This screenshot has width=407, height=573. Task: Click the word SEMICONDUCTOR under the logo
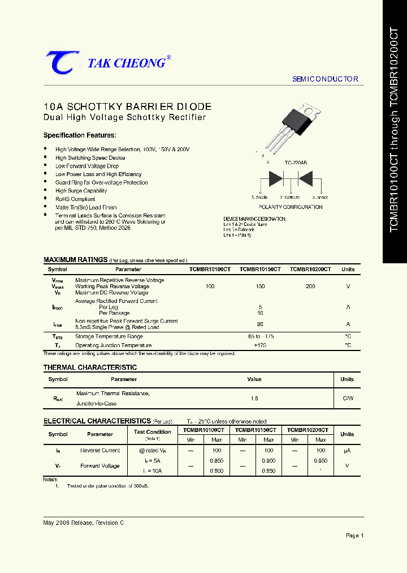(325, 79)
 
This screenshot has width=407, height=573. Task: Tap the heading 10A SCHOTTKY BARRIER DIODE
(127, 106)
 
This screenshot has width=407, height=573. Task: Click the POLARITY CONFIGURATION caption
(290, 207)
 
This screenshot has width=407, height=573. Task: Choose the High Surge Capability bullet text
(81, 191)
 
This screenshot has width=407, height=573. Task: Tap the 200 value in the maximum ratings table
(310, 286)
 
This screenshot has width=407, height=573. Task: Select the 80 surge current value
(260, 324)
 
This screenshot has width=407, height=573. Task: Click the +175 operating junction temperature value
(260, 345)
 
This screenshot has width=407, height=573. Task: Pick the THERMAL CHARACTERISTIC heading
(90, 367)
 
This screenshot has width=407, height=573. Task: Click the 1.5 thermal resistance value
(254, 399)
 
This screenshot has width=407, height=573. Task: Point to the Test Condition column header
(152, 432)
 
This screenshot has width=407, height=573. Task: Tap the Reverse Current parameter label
(100, 451)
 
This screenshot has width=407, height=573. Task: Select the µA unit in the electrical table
(347, 451)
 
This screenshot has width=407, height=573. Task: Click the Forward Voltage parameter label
(100, 466)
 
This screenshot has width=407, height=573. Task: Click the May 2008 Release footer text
(83, 523)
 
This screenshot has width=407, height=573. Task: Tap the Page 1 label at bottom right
(354, 536)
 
